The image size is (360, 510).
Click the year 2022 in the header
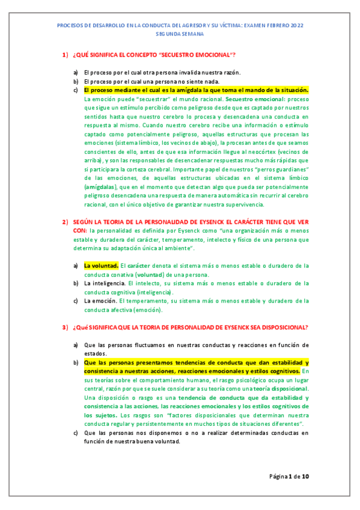[297, 25]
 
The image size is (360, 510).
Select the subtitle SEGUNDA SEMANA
[180, 35]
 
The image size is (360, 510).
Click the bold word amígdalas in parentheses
[99, 187]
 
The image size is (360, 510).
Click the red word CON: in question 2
[80, 231]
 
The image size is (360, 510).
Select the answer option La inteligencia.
[105, 283]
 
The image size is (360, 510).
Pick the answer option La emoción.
[100, 301]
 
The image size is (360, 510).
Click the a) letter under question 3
[76, 345]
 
